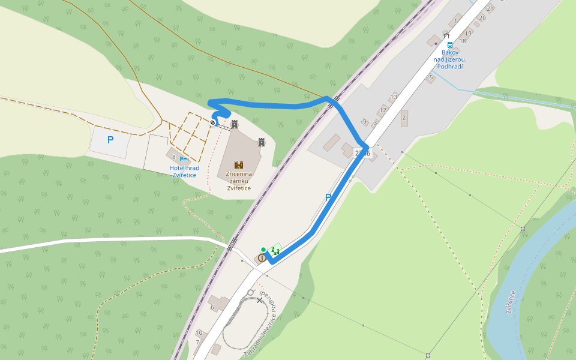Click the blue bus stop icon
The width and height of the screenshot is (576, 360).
(x=449, y=44)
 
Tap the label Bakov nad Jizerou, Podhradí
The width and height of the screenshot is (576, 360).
(x=449, y=59)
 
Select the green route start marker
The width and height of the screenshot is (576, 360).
(x=263, y=250)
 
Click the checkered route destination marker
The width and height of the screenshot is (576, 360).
(x=212, y=122)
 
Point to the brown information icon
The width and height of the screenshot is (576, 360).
(x=262, y=258)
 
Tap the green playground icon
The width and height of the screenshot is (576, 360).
(x=275, y=250)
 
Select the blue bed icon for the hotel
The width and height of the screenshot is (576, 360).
(x=184, y=159)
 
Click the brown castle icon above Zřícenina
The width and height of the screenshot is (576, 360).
(x=239, y=164)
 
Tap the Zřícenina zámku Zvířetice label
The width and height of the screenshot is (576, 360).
(x=239, y=181)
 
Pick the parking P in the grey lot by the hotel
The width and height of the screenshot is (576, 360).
(x=110, y=140)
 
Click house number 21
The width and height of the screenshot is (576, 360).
(x=490, y=8)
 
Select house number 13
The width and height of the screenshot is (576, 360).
(x=394, y=97)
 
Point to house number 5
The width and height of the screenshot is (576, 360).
(x=431, y=77)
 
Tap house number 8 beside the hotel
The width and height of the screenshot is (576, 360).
(x=173, y=157)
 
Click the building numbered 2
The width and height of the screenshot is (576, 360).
(x=404, y=118)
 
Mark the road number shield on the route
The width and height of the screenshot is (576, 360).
(x=362, y=153)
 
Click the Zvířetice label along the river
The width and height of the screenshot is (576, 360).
(x=510, y=302)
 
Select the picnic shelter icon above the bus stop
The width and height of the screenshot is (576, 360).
(x=446, y=34)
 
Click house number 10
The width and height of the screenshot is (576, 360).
(x=199, y=332)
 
